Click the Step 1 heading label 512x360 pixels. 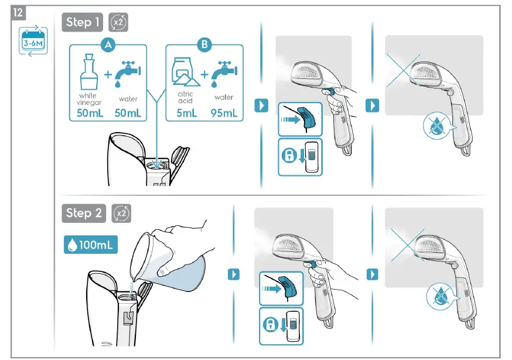(82, 22)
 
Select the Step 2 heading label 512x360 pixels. (83, 213)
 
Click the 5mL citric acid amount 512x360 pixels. (187, 113)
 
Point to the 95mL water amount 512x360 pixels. (224, 113)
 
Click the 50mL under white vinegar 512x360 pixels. (90, 113)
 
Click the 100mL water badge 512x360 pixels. (90, 244)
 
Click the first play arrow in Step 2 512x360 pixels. (234, 274)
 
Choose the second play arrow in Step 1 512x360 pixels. (372, 106)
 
